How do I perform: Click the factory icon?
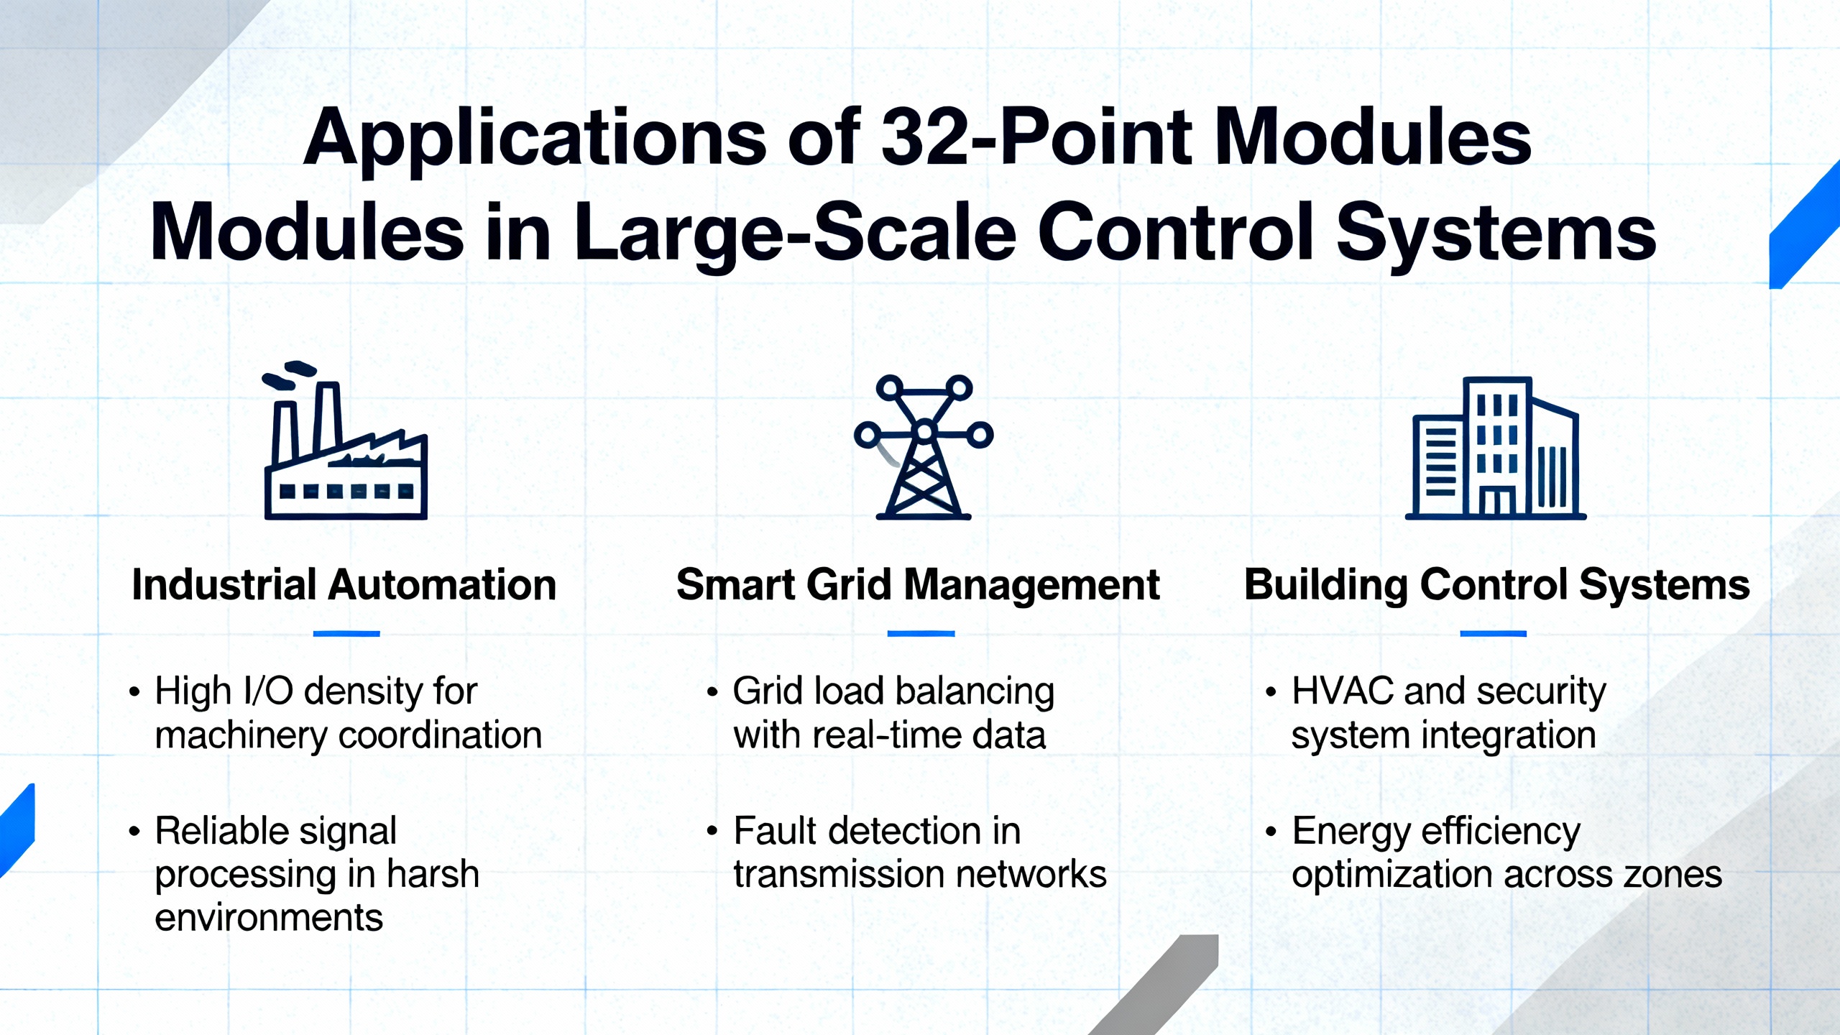click(346, 441)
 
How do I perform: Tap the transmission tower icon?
click(924, 446)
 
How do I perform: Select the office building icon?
click(1496, 447)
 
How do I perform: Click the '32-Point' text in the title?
click(1037, 137)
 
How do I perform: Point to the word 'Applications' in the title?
click(535, 140)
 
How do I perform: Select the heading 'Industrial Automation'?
click(344, 584)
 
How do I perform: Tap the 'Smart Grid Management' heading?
click(918, 586)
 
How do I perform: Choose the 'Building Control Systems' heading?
click(1497, 586)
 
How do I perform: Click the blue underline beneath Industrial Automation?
click(346, 633)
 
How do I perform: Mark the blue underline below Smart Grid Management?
click(921, 633)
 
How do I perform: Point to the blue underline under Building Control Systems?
click(1493, 633)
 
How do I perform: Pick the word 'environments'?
click(269, 919)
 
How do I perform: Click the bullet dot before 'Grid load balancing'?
click(712, 692)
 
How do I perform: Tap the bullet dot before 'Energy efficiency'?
click(1271, 832)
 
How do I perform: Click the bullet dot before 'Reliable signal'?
click(134, 832)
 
